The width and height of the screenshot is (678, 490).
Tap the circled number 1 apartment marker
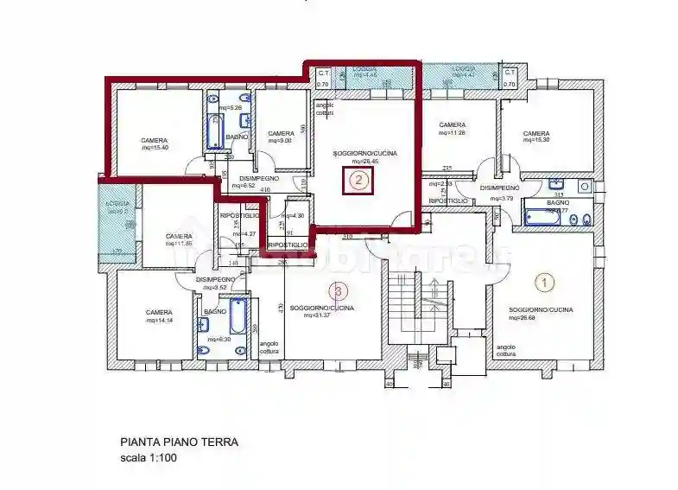point(544,281)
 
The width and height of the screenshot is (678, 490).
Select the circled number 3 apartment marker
point(339,290)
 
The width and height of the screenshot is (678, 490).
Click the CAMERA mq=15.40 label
point(155,143)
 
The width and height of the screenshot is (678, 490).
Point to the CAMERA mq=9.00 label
point(281,137)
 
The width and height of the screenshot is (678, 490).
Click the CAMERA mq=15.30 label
point(536,137)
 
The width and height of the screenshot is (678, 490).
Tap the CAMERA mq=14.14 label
point(159,315)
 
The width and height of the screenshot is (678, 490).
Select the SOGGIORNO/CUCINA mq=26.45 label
point(364,156)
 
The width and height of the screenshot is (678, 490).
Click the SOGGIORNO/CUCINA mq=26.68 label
point(541,313)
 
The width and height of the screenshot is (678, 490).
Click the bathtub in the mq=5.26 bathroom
point(215,132)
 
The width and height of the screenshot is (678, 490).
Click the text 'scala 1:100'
point(148,459)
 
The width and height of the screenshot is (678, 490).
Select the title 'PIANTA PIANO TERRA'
point(178,442)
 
